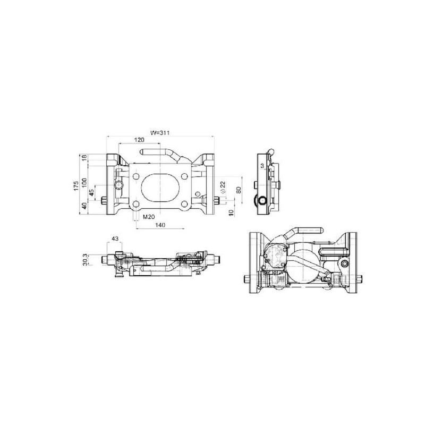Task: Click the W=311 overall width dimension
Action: point(160,133)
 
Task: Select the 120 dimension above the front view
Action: point(139,140)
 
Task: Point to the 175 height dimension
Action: point(76,185)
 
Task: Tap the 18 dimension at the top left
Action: point(84,157)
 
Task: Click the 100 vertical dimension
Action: point(84,182)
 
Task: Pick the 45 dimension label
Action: point(91,192)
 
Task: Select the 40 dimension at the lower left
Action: point(84,206)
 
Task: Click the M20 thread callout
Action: point(149,217)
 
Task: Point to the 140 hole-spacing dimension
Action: point(160,225)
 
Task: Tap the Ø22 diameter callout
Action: point(223,187)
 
